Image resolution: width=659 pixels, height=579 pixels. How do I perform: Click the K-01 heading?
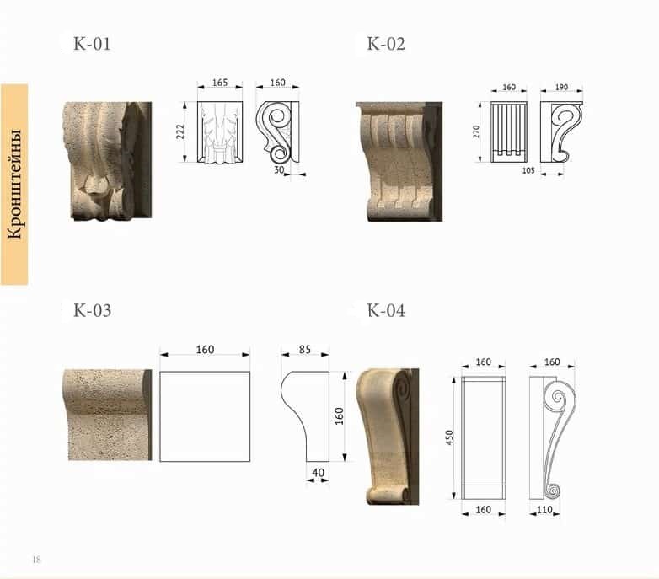[x=92, y=44]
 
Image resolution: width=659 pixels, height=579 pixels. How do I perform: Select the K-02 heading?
[x=386, y=44]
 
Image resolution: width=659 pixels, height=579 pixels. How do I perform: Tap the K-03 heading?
[x=92, y=310]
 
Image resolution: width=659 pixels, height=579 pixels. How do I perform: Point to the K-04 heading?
[x=386, y=310]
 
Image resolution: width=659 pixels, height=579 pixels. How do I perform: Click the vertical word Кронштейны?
[x=14, y=184]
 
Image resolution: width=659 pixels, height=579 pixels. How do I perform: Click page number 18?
[x=36, y=560]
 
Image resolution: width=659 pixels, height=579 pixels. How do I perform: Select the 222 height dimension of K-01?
[x=179, y=131]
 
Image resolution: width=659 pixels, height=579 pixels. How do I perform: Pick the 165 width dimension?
[x=220, y=83]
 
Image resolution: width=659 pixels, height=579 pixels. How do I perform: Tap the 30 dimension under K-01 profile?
[x=279, y=169]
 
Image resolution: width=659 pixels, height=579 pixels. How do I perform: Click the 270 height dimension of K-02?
[x=476, y=131]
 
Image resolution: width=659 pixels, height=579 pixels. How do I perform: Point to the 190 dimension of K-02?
[x=561, y=87]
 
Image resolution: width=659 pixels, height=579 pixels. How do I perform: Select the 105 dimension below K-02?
[x=528, y=170]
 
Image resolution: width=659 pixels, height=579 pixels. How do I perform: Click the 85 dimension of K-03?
[x=305, y=349]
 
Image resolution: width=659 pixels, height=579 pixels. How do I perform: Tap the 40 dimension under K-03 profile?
[x=319, y=473]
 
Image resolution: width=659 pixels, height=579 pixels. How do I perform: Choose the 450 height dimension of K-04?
[x=449, y=437]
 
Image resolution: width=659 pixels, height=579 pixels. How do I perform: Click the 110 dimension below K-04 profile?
[x=544, y=510]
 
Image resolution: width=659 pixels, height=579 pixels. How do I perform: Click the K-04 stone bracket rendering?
[x=388, y=437]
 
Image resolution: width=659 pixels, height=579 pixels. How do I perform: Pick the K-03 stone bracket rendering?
[x=107, y=415]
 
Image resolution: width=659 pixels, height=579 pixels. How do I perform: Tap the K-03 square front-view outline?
[x=205, y=416]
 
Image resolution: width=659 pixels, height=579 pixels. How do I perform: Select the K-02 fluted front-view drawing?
[x=508, y=131]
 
